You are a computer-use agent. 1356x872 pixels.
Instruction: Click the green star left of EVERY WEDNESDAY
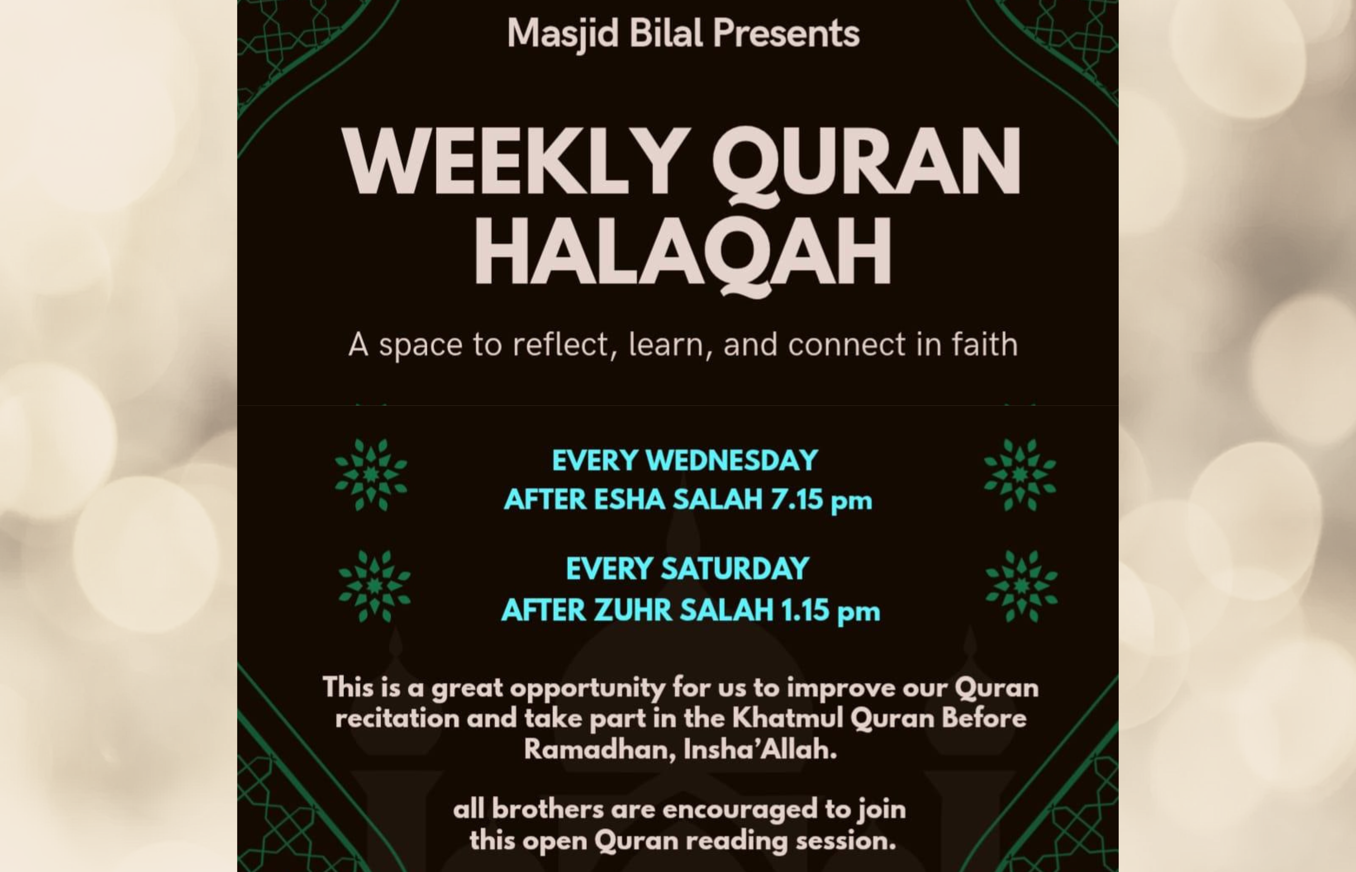[371, 474]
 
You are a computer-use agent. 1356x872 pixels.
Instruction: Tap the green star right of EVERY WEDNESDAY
[1020, 474]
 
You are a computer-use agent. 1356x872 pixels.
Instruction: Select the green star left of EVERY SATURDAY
[374, 586]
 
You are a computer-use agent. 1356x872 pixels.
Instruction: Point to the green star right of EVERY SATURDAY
[1021, 586]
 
